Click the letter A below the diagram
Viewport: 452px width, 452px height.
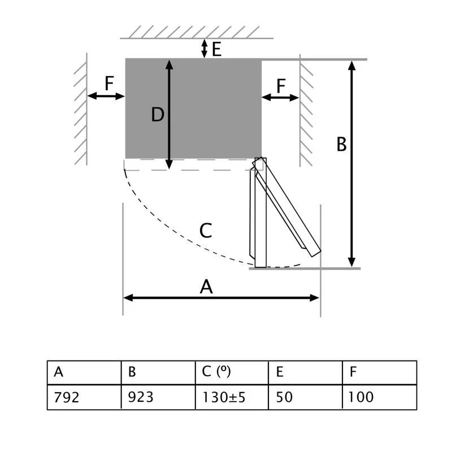[x=207, y=287]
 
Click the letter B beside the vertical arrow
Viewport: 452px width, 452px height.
[x=341, y=144]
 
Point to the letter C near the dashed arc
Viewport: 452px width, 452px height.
[x=206, y=231]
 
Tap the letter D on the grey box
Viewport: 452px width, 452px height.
[x=158, y=115]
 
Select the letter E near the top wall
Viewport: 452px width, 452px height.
[x=216, y=50]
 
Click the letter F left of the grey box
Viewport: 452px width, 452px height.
[x=110, y=84]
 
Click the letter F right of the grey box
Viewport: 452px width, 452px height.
[x=281, y=86]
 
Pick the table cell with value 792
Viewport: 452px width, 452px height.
[x=84, y=397]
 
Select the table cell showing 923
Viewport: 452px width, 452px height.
[x=158, y=397]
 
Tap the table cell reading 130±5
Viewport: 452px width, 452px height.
[x=232, y=397]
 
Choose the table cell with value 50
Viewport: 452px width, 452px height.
[x=305, y=397]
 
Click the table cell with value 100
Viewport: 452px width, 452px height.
[x=379, y=397]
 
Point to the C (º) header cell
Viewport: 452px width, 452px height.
[x=232, y=372]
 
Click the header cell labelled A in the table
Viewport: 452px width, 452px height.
[x=84, y=372]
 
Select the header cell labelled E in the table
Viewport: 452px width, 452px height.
[x=305, y=372]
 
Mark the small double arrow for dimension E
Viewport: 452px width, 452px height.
[x=205, y=49]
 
